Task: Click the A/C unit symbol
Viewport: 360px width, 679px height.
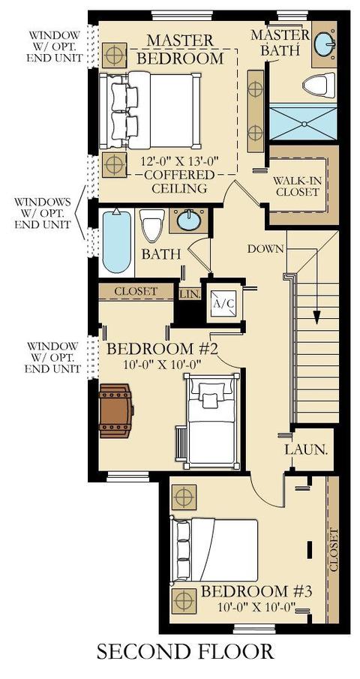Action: tap(224, 303)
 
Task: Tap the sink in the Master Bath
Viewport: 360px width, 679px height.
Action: tap(324, 44)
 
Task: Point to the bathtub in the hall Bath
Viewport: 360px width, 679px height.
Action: tap(117, 241)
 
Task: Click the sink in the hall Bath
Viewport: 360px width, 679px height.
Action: tap(189, 220)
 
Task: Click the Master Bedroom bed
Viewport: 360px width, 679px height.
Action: tap(150, 110)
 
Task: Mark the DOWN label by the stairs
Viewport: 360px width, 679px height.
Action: tap(265, 249)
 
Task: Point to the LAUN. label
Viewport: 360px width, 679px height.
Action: tap(305, 449)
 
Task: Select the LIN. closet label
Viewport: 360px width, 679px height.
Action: tap(190, 294)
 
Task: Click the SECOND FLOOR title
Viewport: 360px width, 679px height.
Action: tap(185, 652)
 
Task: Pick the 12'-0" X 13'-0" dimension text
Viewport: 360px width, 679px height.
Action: tap(179, 161)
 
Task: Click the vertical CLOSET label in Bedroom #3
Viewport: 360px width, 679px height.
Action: tap(333, 549)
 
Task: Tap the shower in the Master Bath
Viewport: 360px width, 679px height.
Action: tap(303, 122)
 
